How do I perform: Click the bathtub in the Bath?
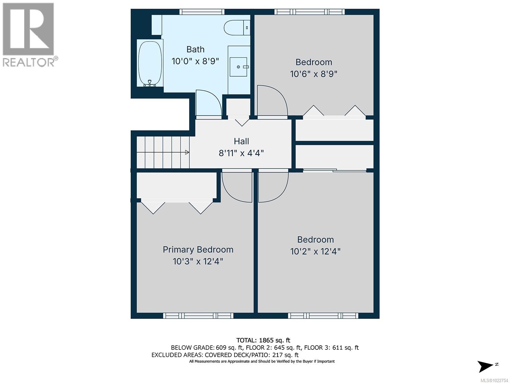(x=150, y=63)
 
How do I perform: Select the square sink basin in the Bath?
(x=238, y=67)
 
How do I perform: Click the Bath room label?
(x=195, y=49)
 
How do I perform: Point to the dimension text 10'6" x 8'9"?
(x=314, y=74)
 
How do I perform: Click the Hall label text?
(x=241, y=141)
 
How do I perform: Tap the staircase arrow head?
(x=187, y=152)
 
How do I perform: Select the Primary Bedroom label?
(x=198, y=250)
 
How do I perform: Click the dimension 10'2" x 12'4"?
(x=315, y=252)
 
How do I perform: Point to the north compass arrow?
(x=485, y=366)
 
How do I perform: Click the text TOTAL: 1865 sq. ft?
(x=263, y=340)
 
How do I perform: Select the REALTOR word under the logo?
(x=29, y=62)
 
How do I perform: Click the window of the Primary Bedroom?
(x=198, y=316)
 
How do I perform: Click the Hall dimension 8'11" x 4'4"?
(x=241, y=153)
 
